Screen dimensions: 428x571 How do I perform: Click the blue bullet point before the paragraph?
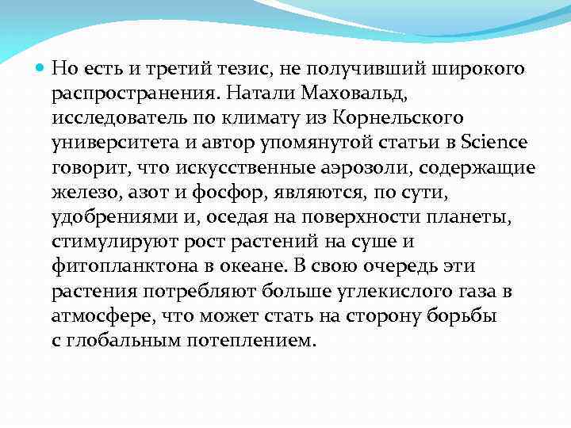click(x=40, y=69)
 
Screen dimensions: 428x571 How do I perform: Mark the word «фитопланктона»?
click(x=113, y=266)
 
